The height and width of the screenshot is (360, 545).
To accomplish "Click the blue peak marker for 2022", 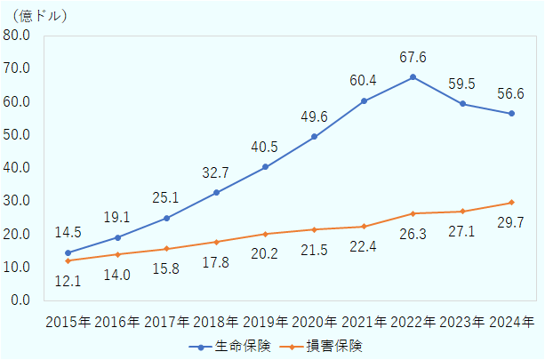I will (413, 77).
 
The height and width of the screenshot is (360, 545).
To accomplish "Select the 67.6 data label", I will (413, 57).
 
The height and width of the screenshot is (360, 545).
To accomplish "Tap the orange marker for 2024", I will (512, 203).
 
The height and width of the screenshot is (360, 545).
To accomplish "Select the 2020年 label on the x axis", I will (314, 322).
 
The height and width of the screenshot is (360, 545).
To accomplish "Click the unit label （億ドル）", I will (38, 15).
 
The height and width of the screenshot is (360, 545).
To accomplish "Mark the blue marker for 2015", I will (68, 253).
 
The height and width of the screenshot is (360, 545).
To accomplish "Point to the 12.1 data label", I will (68, 281).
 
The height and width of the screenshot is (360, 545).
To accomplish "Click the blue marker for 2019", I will (265, 167).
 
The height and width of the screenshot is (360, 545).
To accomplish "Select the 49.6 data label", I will (314, 116).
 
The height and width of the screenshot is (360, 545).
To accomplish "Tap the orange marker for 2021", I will (364, 227).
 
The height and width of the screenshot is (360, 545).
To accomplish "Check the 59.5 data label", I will (462, 84).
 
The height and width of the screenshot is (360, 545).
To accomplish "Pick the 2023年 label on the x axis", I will (462, 322).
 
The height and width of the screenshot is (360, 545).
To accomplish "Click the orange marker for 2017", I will (166, 249).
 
